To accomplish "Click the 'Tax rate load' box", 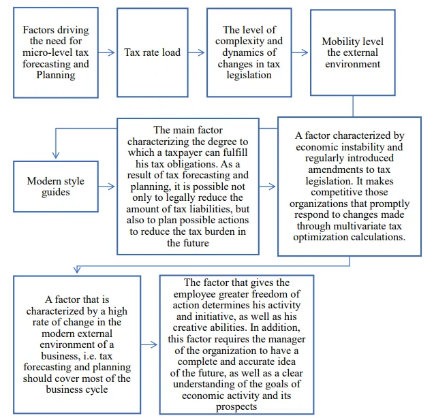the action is point(153,52).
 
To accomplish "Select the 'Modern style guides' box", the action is point(56,187).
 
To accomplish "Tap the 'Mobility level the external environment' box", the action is point(353,52).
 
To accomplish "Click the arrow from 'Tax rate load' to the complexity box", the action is point(196,52).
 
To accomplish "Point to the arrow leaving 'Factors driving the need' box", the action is point(106,52).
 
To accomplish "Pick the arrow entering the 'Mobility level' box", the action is point(300,52).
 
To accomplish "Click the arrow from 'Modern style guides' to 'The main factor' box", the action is point(106,187).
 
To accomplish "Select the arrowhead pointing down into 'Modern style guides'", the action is point(56,155).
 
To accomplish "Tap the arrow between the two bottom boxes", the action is point(149,344).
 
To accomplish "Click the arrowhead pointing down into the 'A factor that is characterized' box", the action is point(77,270).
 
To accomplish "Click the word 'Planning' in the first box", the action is point(56,76).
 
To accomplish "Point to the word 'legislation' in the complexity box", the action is point(249,76).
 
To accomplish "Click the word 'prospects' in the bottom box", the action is point(236,407).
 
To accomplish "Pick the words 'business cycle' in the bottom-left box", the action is point(77,389).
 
